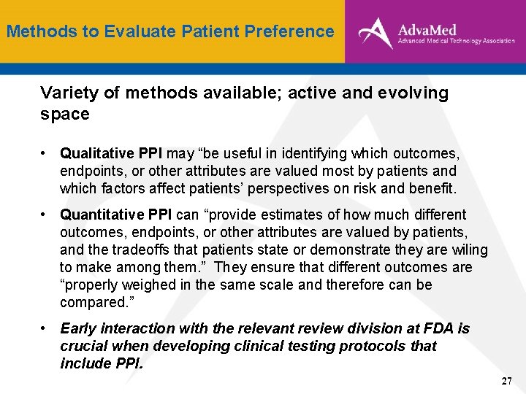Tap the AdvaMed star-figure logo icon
(x=375, y=32)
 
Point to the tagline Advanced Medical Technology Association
(x=457, y=42)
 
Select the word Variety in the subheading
(x=67, y=93)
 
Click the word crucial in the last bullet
(x=83, y=346)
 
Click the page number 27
(x=507, y=382)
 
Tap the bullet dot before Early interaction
(x=45, y=329)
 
